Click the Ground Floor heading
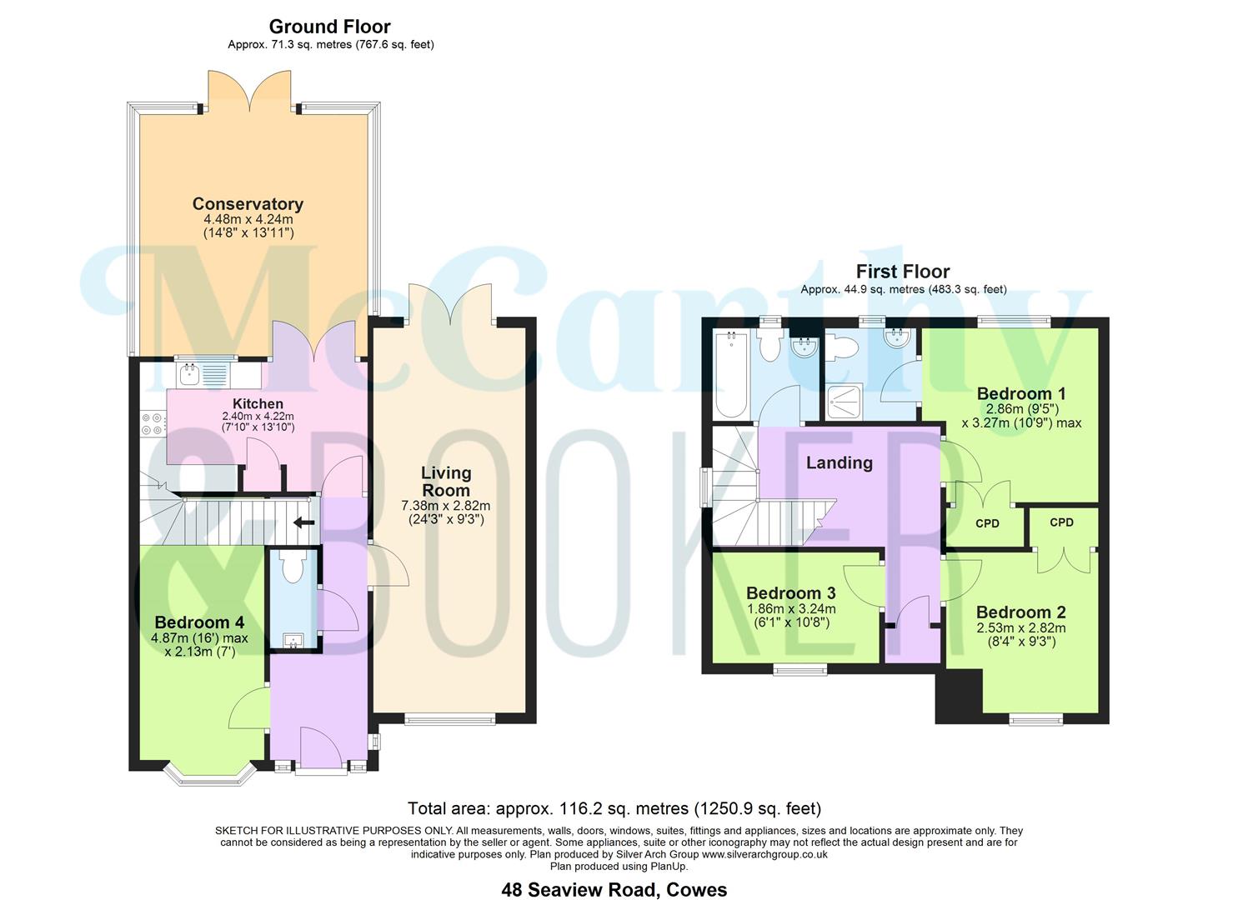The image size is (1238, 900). click(329, 27)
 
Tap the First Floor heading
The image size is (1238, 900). click(903, 272)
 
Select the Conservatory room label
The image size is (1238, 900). click(248, 204)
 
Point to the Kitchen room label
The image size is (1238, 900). click(258, 403)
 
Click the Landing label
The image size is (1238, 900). click(839, 462)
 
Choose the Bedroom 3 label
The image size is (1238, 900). click(790, 593)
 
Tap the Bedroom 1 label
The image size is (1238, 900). click(1020, 393)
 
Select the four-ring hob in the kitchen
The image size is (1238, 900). click(152, 424)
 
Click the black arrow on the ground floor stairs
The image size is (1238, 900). click(303, 523)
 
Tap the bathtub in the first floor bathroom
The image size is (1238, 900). click(731, 375)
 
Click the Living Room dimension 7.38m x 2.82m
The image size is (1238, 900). click(446, 505)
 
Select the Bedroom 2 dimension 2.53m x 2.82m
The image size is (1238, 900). click(1020, 628)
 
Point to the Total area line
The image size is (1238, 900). click(614, 808)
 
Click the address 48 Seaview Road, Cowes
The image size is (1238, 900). click(614, 889)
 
